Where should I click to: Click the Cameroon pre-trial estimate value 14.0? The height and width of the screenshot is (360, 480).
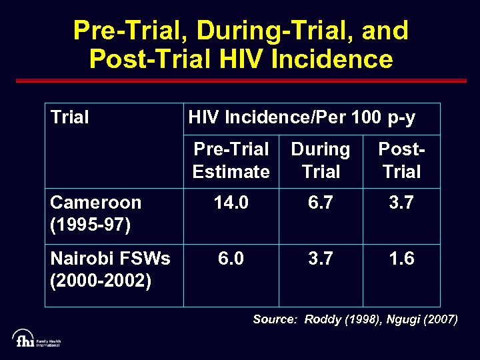pyautogui.click(x=231, y=203)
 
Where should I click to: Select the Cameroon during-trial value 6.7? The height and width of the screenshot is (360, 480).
pyautogui.click(x=321, y=203)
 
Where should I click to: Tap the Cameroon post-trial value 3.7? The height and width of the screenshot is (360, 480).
pyautogui.click(x=401, y=203)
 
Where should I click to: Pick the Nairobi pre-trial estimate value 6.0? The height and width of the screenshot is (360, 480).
pyautogui.click(x=231, y=258)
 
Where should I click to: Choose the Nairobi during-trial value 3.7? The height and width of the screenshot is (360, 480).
pyautogui.click(x=321, y=258)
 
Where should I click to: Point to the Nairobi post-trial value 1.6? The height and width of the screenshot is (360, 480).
pyautogui.click(x=401, y=258)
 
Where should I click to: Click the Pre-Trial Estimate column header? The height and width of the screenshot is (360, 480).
pyautogui.click(x=231, y=160)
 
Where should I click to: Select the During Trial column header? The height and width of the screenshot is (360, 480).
pyautogui.click(x=321, y=160)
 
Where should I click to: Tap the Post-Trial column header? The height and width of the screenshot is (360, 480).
pyautogui.click(x=401, y=160)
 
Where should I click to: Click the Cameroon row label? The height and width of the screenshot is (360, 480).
pyautogui.click(x=96, y=203)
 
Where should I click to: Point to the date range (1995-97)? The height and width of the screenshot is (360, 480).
pyautogui.click(x=90, y=225)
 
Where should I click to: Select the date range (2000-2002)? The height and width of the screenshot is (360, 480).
pyautogui.click(x=101, y=281)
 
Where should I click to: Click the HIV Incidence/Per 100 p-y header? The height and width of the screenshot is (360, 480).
pyautogui.click(x=301, y=118)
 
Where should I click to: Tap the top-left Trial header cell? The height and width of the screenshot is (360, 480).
pyautogui.click(x=69, y=118)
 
